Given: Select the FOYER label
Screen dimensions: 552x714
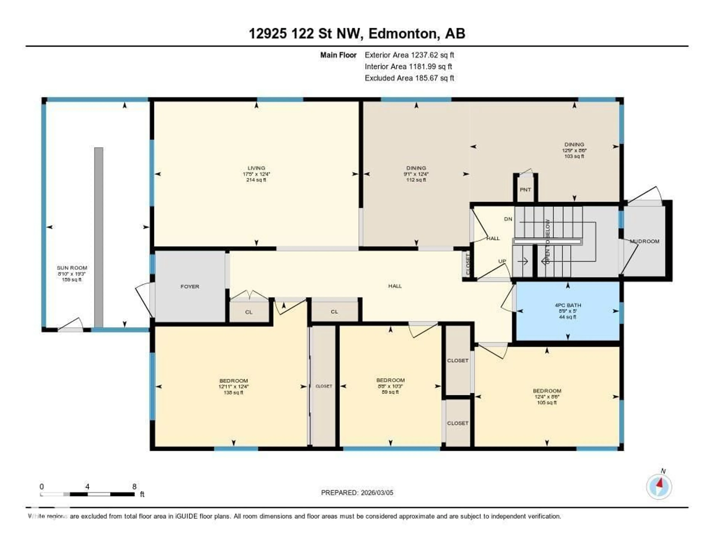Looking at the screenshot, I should pyautogui.click(x=190, y=287).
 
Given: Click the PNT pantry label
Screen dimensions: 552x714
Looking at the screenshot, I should pyautogui.click(x=525, y=190).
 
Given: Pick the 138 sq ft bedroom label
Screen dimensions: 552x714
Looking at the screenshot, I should pyautogui.click(x=233, y=381).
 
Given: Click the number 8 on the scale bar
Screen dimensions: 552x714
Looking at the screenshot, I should pyautogui.click(x=134, y=486).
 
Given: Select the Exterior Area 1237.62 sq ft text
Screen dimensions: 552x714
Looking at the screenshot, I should pyautogui.click(x=409, y=55).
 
